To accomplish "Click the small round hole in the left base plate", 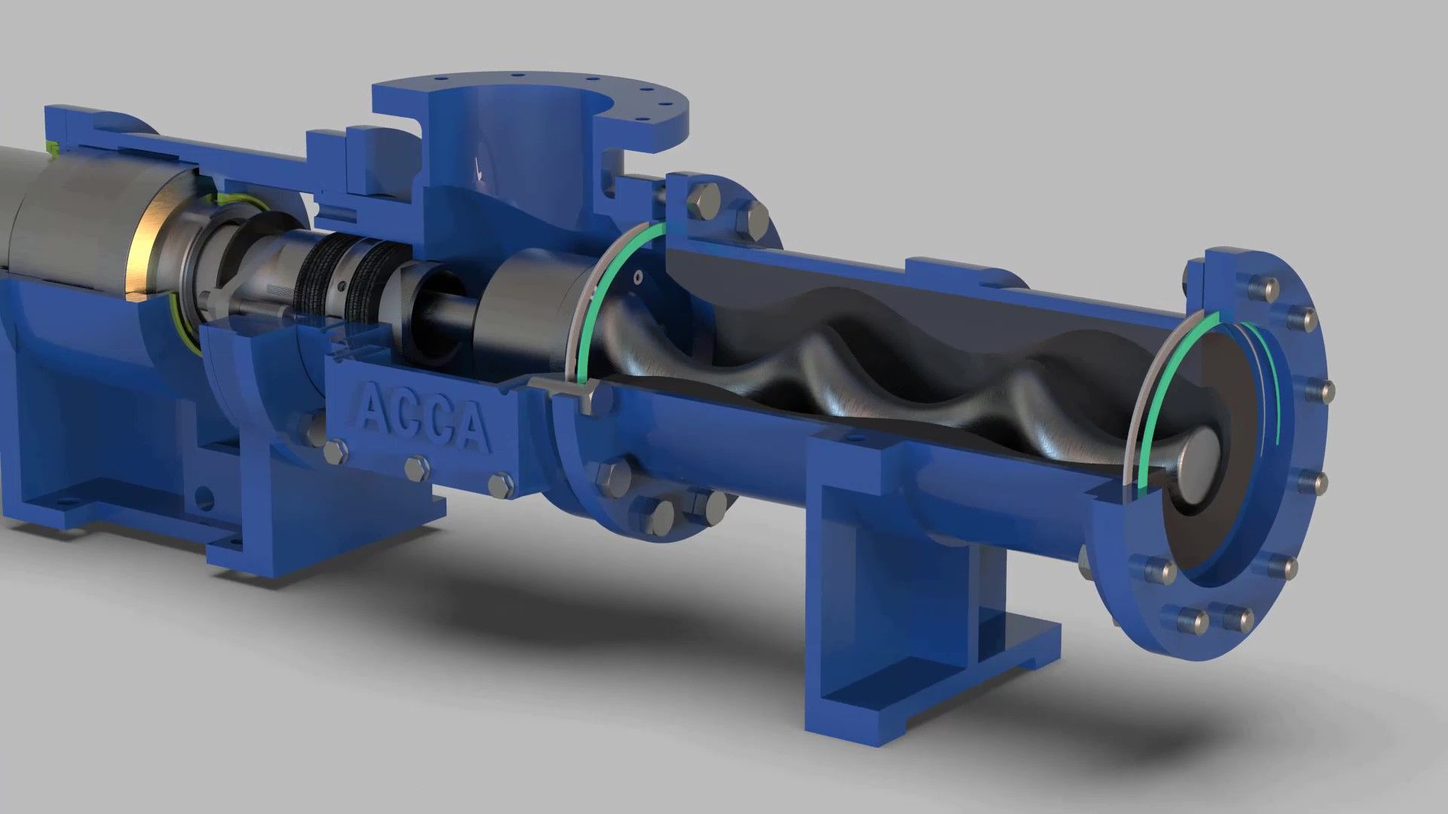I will [203, 497].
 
